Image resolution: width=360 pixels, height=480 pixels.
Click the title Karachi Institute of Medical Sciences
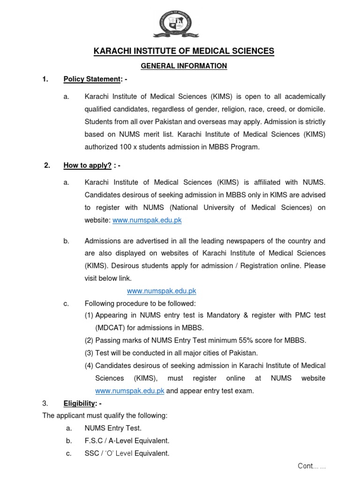(184, 51)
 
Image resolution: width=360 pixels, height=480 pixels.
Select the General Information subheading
(184, 66)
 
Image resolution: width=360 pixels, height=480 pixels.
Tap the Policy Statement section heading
(92, 79)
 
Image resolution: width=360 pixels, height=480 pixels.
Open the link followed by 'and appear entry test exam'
(130, 391)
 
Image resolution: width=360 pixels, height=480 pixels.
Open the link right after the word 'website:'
(147, 220)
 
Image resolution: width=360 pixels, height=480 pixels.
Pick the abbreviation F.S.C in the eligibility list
(94, 441)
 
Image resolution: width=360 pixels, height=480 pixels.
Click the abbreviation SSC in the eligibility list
(91, 453)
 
